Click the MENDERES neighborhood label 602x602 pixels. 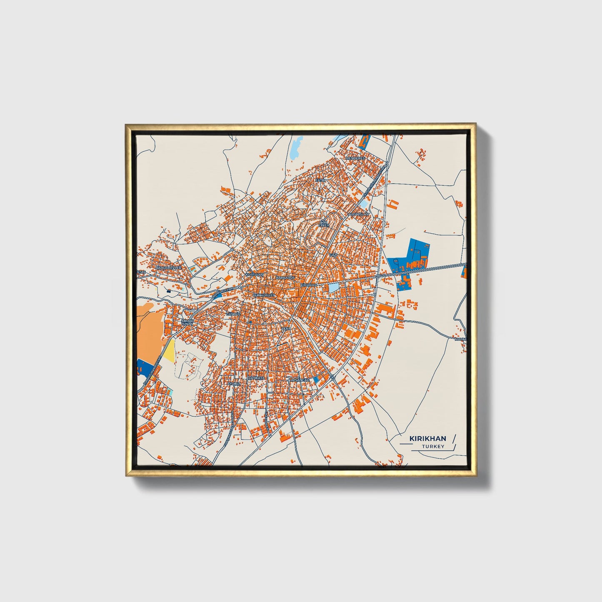coord(355,158)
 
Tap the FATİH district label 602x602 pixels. coord(320,180)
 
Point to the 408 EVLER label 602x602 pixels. coord(324,224)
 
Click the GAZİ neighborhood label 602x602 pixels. coord(333,254)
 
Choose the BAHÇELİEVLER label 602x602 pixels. coord(168,267)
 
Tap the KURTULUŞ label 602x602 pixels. coord(255,275)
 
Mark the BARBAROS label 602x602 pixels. coord(285,277)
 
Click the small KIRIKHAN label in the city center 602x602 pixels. coord(309,285)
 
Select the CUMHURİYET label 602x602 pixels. coord(264,295)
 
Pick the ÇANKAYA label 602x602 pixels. coord(256,378)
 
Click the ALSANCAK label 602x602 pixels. coord(300,380)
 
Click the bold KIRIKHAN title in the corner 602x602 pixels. coord(427,438)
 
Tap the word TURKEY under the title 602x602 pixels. coord(433,446)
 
